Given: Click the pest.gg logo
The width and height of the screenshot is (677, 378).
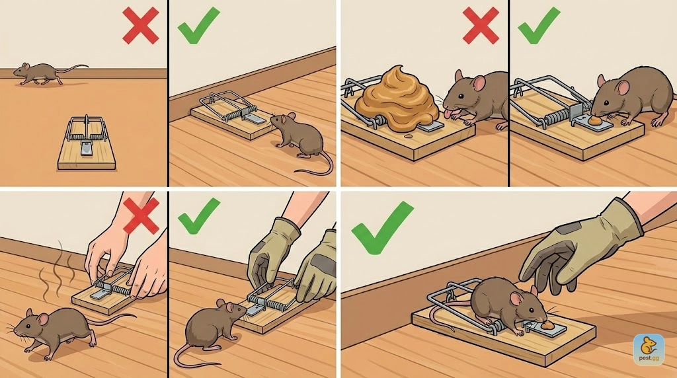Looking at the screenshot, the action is click(x=649, y=350).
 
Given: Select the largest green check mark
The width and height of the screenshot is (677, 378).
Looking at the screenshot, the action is click(x=381, y=227).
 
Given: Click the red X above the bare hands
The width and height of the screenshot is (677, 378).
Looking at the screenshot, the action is click(x=141, y=216).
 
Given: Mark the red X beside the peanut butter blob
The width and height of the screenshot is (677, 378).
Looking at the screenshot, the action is click(x=480, y=26).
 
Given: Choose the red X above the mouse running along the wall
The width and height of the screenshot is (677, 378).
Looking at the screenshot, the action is click(x=140, y=26).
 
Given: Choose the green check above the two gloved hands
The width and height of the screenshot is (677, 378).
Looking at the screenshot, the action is click(x=198, y=216).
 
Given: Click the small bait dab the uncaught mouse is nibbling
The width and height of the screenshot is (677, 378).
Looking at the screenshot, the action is click(x=595, y=120).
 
